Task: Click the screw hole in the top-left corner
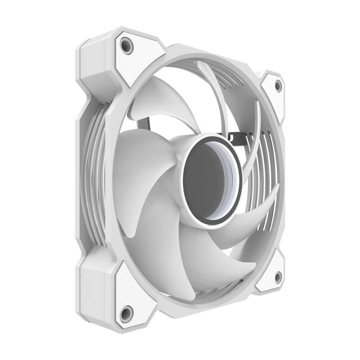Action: tap(127, 46)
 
